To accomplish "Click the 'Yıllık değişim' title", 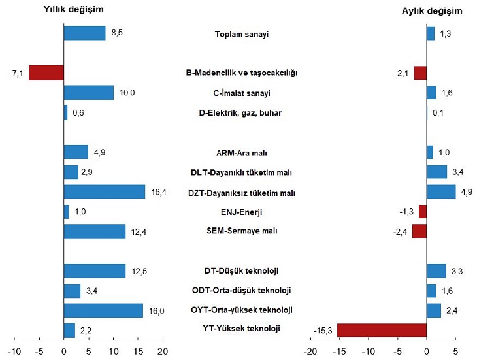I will click(x=73, y=10).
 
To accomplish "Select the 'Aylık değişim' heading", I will click(x=431, y=11).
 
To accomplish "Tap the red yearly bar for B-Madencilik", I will click(x=46, y=73).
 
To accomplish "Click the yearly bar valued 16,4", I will click(x=104, y=191).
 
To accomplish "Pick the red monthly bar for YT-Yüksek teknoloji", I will click(x=382, y=330).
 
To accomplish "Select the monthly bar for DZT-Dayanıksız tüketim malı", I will click(x=441, y=191).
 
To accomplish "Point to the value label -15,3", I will click(x=323, y=331).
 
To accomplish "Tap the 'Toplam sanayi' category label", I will click(x=242, y=34).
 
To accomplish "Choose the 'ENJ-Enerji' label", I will click(x=242, y=212).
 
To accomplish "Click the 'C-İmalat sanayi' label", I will click(x=242, y=93).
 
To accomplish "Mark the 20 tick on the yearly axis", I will click(x=163, y=351).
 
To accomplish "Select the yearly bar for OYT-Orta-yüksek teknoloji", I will click(x=103, y=310).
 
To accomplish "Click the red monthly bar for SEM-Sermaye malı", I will click(x=419, y=231).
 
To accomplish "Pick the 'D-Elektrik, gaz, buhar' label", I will click(x=240, y=113).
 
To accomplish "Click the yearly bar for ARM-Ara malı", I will click(x=76, y=152).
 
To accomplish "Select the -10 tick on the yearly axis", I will click(x=14, y=351).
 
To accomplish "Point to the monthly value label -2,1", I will click(x=401, y=73).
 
